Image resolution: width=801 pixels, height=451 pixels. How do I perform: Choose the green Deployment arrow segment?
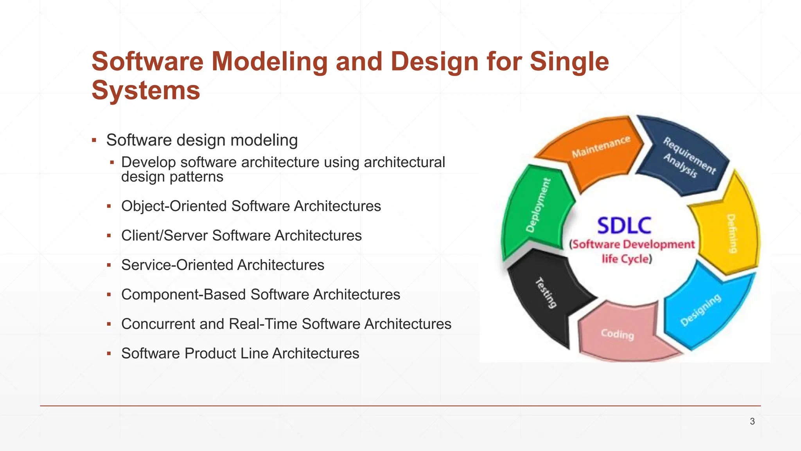[536, 207]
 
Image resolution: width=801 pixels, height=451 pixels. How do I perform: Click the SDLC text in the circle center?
[624, 226]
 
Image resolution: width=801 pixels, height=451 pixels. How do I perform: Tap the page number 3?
[752, 422]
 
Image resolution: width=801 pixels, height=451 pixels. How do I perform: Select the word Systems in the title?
[146, 90]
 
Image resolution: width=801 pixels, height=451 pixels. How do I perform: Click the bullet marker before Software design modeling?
[94, 140]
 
